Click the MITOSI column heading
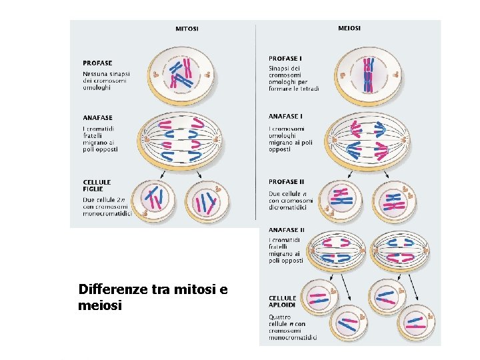(x=187, y=29)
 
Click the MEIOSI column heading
(x=349, y=28)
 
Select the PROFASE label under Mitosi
(x=97, y=63)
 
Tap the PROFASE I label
(x=286, y=59)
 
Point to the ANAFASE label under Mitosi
(x=97, y=118)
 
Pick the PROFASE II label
(x=287, y=181)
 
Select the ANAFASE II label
(x=287, y=229)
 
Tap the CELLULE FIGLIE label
(x=97, y=185)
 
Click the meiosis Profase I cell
(x=368, y=75)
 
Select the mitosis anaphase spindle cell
(x=182, y=141)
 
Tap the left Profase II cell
(x=342, y=197)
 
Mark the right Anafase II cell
(x=399, y=249)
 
